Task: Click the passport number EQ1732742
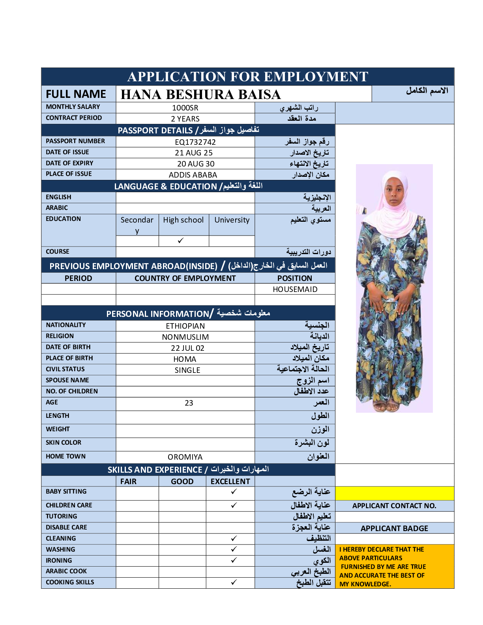coord(195,142)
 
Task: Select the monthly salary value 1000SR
coord(185,108)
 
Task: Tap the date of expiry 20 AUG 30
coord(196,164)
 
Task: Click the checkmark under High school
coord(181,240)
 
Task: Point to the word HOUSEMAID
coord(295,289)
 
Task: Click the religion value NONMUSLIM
coord(185,337)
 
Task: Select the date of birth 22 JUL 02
coord(187,348)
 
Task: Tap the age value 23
coord(189,403)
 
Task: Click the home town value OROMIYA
coord(185,457)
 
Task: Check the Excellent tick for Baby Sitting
coord(234,492)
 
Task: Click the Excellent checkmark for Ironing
coord(234,560)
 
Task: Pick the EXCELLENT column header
coord(230,481)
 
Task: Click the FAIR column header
coord(128,481)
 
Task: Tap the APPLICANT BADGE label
coord(394,528)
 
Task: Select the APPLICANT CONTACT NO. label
coord(394,506)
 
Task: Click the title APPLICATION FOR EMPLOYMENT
coord(247,77)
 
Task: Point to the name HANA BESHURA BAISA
coord(200,94)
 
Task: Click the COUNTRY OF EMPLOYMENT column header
coord(185,278)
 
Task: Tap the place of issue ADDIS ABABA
coord(193,175)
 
